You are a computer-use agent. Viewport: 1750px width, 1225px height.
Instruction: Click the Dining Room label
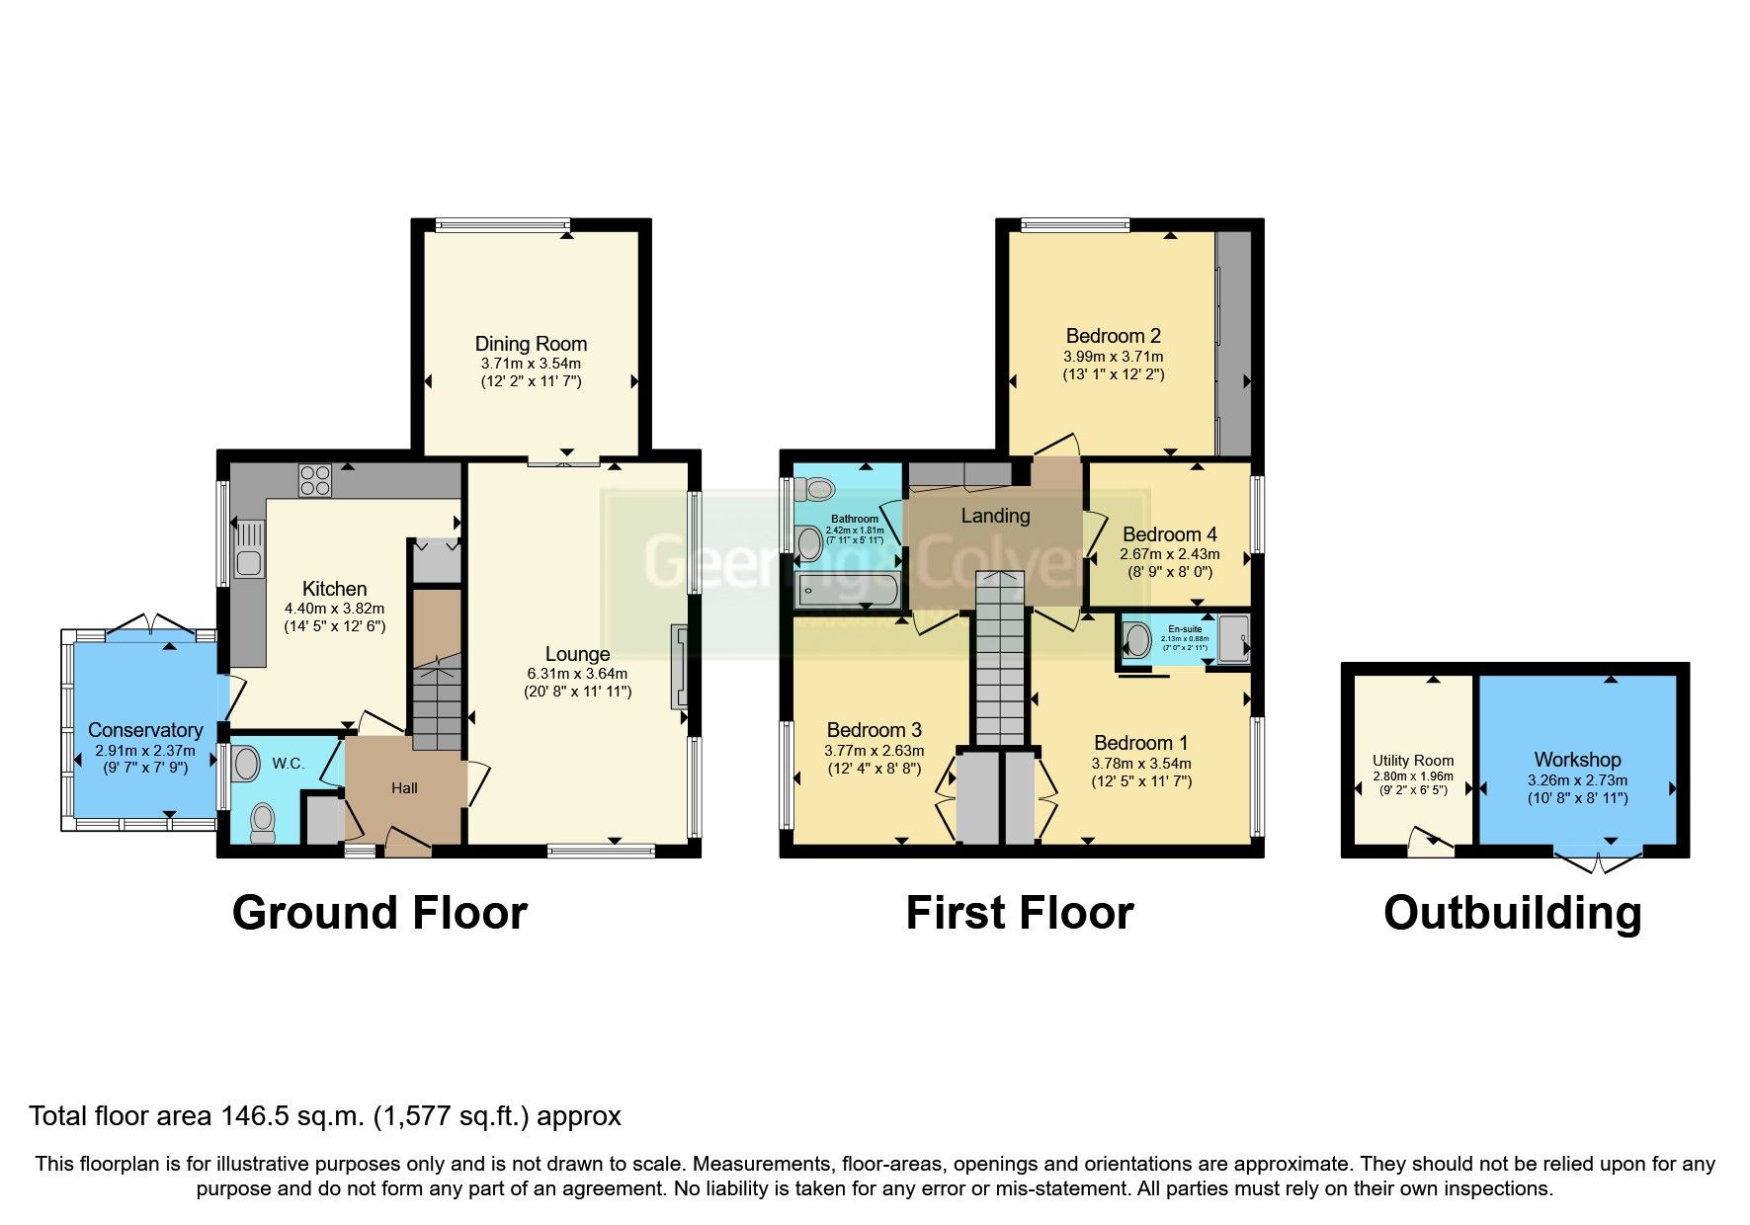(x=531, y=344)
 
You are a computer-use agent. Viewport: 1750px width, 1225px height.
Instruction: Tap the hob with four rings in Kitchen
(x=315, y=480)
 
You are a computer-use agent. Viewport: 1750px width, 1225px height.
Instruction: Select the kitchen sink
(x=247, y=550)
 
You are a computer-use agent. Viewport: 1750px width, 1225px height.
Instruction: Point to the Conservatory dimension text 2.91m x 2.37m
(x=145, y=751)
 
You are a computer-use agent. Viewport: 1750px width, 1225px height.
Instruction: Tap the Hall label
(x=404, y=788)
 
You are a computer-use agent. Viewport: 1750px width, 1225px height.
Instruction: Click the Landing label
(x=995, y=516)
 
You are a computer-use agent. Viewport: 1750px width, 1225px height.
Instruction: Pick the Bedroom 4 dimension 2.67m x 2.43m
(x=1169, y=554)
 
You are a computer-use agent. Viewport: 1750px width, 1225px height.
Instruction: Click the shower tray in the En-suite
(x=1233, y=638)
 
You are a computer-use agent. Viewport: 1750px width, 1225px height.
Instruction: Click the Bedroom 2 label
(x=1113, y=336)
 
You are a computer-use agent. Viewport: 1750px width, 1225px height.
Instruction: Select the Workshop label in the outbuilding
(x=1577, y=760)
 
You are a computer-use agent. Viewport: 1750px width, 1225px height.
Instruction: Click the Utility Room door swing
(x=1426, y=843)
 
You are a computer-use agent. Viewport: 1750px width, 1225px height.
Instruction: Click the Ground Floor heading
(x=379, y=913)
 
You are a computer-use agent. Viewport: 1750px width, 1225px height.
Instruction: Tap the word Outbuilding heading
(x=1512, y=913)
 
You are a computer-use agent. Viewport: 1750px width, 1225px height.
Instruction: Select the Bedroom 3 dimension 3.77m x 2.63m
(x=874, y=751)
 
